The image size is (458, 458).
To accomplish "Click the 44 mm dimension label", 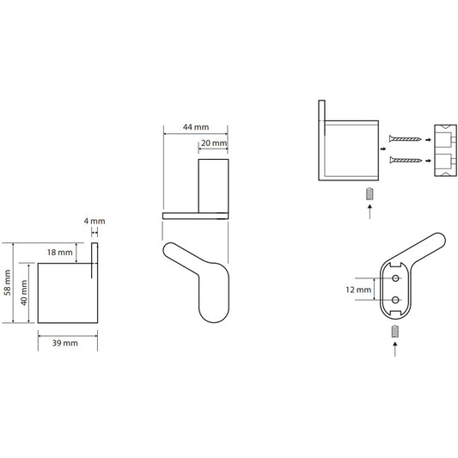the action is [196, 127].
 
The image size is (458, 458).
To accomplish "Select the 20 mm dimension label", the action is [214, 144].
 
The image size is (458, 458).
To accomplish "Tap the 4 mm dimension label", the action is [95, 221].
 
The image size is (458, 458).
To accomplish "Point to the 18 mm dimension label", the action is [60, 252].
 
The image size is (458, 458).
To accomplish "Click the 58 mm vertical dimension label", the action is [8, 283].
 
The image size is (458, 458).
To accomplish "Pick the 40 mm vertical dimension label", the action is [24, 293].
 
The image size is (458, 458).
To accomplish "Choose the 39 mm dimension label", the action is [64, 343].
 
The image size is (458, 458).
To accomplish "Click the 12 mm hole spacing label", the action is [358, 290].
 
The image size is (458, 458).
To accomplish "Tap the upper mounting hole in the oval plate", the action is [396, 278].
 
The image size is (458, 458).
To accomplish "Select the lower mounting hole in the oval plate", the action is [396, 300].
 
